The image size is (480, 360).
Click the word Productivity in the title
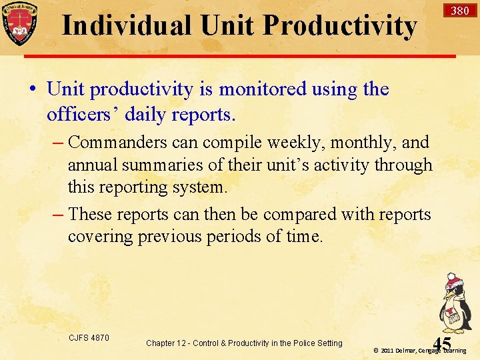[x=339, y=25]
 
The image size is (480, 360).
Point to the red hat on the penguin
[x=454, y=279]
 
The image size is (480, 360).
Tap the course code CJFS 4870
[x=89, y=338]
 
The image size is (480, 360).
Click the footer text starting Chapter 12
[x=244, y=343]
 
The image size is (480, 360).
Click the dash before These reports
[x=58, y=214]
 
